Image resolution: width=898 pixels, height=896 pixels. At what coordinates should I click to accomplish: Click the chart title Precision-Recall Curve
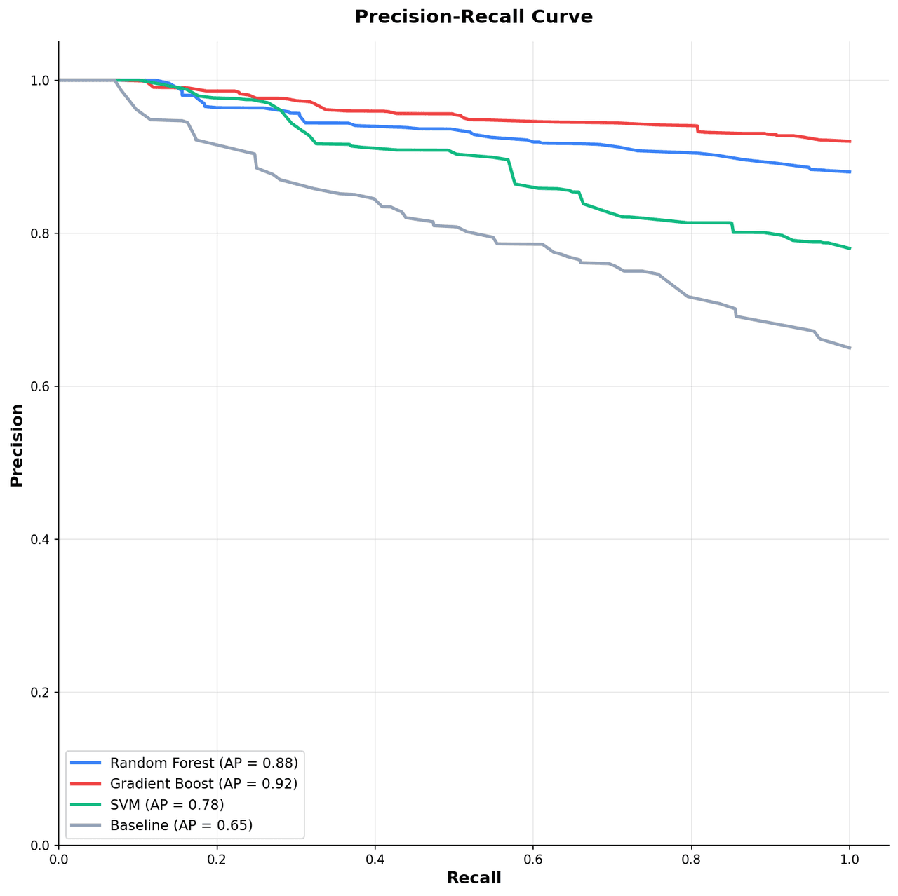coord(474,17)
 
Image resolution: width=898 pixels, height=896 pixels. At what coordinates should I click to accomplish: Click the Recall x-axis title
coord(474,878)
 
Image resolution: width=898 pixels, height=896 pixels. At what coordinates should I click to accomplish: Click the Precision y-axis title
coord(17,445)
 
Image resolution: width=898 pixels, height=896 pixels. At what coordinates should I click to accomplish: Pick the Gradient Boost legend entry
coord(203,784)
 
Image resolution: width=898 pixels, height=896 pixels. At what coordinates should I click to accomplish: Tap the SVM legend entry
coord(167,805)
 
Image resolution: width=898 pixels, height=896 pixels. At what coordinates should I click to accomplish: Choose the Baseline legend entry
coord(181,826)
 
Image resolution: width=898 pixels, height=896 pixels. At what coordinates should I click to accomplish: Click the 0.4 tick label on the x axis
coord(375,859)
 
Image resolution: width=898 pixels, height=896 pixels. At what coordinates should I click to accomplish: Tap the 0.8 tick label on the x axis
coord(691,859)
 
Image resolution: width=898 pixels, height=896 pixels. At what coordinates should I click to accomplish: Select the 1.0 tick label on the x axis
coord(850,859)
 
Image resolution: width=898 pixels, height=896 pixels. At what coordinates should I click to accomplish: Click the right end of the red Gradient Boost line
coord(850,141)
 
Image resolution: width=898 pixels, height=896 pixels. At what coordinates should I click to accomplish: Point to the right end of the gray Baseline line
coord(850,348)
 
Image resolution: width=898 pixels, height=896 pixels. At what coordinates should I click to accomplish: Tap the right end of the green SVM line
coord(850,248)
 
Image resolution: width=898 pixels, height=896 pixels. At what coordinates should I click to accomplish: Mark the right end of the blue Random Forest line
coord(850,172)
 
